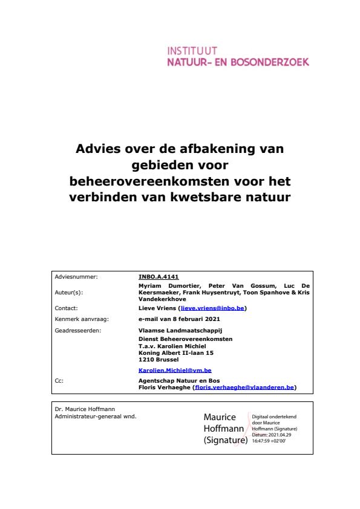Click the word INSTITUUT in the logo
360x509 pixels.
192,50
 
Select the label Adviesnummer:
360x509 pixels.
76,277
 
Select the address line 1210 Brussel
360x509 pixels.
154,360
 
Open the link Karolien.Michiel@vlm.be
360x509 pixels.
175,370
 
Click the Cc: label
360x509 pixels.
59,381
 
